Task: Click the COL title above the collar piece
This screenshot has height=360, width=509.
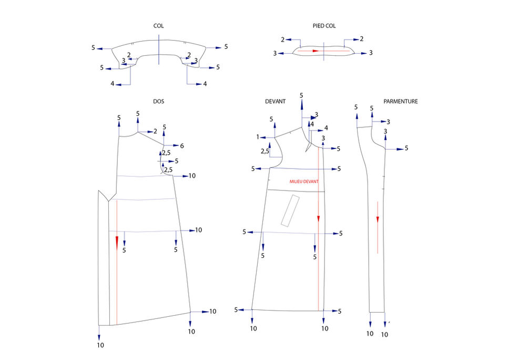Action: click(158, 26)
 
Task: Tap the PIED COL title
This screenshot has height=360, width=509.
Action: click(324, 26)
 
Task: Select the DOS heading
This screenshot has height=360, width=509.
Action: click(158, 102)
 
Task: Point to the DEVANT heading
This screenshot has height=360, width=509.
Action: click(276, 102)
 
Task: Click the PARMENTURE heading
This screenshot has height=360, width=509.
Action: click(401, 102)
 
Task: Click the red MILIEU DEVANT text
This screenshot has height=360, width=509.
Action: click(304, 182)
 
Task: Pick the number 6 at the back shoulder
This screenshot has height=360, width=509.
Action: click(182, 146)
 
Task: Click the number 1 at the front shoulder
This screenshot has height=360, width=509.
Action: click(258, 137)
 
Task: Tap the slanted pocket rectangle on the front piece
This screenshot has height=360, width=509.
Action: click(290, 211)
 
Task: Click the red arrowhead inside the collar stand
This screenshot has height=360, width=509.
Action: click(316, 51)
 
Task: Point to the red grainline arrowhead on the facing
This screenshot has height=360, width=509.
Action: click(378, 219)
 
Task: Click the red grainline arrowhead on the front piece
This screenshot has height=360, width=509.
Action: click(319, 218)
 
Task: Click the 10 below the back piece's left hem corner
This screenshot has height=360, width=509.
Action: click(100, 345)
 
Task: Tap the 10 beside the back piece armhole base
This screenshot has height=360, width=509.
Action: click(192, 176)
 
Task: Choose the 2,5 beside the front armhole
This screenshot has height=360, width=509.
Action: click(265, 151)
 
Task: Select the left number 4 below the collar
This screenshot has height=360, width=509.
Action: click(113, 84)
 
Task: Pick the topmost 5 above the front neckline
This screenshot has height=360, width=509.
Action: click(301, 95)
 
